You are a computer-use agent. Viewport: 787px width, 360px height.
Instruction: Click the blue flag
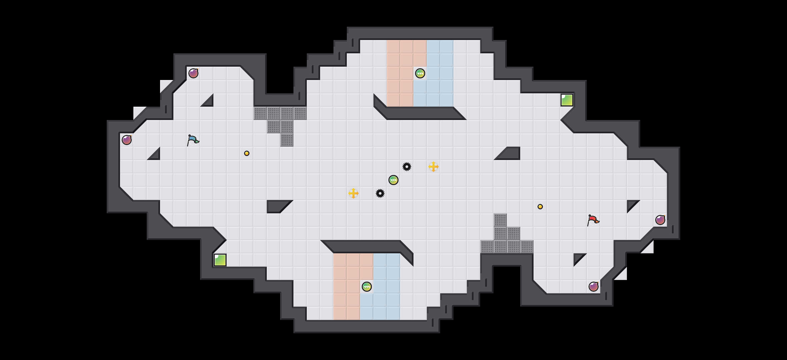[193, 140]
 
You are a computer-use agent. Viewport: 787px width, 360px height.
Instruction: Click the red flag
[593, 220]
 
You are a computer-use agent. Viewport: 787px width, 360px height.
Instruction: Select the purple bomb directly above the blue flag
[193, 73]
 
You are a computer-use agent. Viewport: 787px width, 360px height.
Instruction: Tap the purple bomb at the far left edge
[127, 140]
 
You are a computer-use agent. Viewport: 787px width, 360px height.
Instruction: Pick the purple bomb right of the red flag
[660, 220]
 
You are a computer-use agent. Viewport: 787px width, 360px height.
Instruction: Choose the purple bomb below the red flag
[594, 287]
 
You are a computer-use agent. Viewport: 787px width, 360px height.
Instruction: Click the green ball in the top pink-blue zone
[420, 73]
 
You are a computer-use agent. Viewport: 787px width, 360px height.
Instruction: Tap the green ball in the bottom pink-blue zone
[367, 287]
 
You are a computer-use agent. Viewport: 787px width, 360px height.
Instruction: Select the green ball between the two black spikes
[393, 180]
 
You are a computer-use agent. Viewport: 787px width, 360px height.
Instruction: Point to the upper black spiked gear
[407, 167]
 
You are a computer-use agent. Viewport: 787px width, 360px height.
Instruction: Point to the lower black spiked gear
[380, 193]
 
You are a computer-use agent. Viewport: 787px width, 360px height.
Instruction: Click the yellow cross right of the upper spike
[434, 167]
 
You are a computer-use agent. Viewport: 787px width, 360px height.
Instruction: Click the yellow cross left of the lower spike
[353, 193]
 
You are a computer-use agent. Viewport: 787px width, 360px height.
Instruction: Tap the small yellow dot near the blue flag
[247, 153]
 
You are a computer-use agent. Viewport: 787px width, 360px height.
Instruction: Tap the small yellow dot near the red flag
[540, 207]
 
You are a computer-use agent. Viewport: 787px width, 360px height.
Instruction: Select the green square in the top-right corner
[567, 100]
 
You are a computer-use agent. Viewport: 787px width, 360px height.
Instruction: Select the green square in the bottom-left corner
[220, 260]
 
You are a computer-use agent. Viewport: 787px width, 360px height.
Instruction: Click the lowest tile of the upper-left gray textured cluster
[287, 140]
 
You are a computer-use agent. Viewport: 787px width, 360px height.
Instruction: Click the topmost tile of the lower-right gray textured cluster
[500, 220]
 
